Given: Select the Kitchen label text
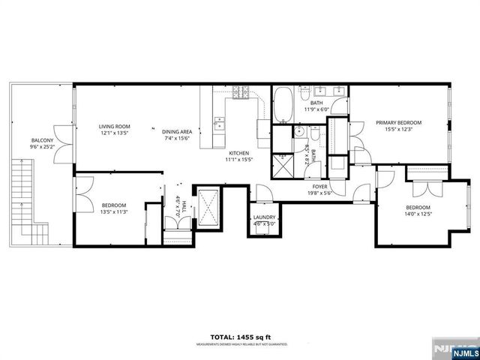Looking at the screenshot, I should point(239,152).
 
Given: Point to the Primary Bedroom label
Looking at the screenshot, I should point(398,122).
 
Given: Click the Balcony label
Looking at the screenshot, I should point(41,139).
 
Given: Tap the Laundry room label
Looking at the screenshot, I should point(264,217).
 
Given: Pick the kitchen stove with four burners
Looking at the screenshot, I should point(241,94).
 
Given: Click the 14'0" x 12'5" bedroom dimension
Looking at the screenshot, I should point(418,214).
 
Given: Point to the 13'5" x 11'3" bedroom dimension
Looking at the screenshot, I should point(114,212).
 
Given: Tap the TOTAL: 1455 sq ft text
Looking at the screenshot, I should point(240,337).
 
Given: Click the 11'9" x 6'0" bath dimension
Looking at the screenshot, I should point(317,109).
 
